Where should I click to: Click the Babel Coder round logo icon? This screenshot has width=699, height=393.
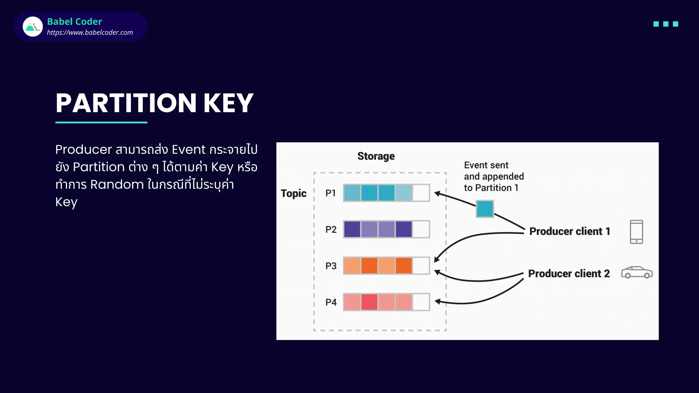[x=33, y=27]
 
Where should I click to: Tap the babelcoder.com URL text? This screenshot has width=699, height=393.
[x=90, y=32]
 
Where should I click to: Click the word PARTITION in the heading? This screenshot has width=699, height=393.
[x=126, y=103]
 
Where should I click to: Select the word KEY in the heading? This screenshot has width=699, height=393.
[x=228, y=103]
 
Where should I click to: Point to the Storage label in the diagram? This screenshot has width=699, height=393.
[x=376, y=156]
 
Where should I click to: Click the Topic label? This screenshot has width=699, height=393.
[x=294, y=193]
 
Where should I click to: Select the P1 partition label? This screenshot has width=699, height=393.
[x=330, y=193]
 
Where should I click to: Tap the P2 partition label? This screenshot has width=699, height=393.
[x=331, y=230]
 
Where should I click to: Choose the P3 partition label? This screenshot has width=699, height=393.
[x=331, y=266]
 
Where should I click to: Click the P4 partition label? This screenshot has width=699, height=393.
[x=331, y=302]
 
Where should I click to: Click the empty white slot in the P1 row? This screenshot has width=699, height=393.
[x=421, y=193]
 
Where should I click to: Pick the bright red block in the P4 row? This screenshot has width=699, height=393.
[x=369, y=302]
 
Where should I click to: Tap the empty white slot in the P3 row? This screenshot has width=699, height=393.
[x=421, y=266]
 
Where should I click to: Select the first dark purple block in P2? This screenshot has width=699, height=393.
[x=352, y=229]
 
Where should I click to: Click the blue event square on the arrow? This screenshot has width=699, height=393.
[x=485, y=209]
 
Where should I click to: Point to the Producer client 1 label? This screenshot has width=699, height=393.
[x=569, y=231]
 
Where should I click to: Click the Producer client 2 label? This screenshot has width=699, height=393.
[x=569, y=274]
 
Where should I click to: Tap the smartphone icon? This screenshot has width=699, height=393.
[x=636, y=232]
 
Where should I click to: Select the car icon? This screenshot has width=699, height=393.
[x=637, y=272]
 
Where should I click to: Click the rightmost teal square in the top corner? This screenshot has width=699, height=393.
[x=675, y=24]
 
